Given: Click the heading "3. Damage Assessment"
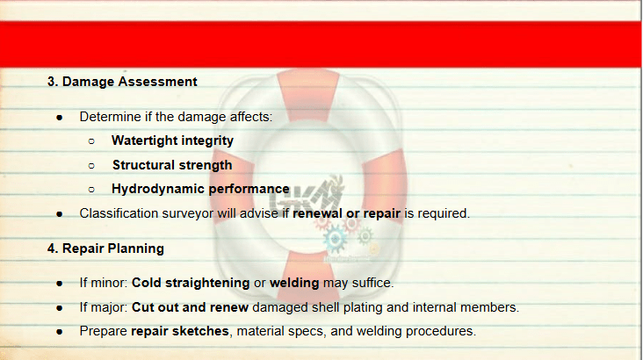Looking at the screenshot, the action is click(x=122, y=82).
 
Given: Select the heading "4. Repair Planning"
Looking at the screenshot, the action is click(x=105, y=248).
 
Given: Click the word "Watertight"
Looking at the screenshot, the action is click(x=144, y=140).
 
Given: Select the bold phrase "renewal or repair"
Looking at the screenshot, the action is click(x=346, y=213).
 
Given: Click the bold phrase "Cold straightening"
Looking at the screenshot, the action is click(x=191, y=283).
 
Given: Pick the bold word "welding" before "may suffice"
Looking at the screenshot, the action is click(x=294, y=283).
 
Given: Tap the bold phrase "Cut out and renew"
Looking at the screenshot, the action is click(x=190, y=307).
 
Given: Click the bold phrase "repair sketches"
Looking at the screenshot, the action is click(x=179, y=331).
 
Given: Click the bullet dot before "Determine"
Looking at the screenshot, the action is click(x=60, y=118).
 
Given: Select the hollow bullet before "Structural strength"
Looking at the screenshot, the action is click(x=91, y=166).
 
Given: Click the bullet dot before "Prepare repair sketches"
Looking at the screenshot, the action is click(x=60, y=332).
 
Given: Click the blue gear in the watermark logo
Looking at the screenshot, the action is click(x=335, y=239).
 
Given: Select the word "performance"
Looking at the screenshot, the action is click(x=249, y=189).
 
